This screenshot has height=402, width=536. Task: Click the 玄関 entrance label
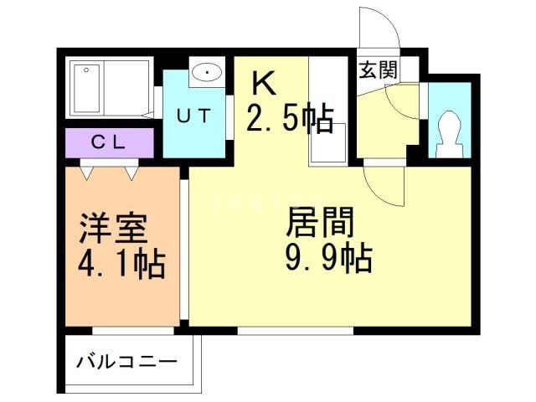click(x=377, y=70)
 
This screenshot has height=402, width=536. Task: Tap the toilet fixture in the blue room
click(x=449, y=134)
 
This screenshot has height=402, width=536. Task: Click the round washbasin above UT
click(x=206, y=74)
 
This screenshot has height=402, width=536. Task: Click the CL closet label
click(x=108, y=142)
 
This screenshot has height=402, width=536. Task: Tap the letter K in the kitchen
click(x=263, y=84)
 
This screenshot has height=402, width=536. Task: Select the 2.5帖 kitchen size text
click(x=290, y=118)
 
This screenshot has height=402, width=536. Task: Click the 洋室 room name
click(x=114, y=228)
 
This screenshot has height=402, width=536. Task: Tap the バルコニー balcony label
click(x=127, y=363)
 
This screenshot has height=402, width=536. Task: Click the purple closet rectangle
click(x=108, y=142)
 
